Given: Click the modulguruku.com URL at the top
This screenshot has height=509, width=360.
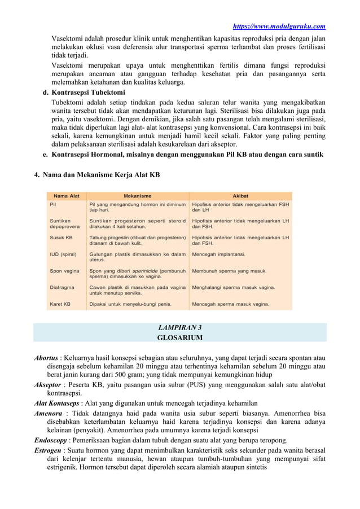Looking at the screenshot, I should pyautogui.click(x=279, y=25).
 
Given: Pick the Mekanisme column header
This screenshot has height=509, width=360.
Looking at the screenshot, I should pyautogui.click(x=137, y=196).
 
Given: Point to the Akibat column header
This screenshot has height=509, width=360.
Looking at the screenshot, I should pyautogui.click(x=241, y=196).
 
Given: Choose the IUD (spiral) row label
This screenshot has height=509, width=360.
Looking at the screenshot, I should pyautogui.click(x=63, y=254).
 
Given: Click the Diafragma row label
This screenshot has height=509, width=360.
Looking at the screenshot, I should pyautogui.click(x=62, y=287).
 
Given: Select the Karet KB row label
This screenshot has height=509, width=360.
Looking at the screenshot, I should pyautogui.click(x=60, y=304).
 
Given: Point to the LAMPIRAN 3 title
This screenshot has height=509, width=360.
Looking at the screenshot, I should pyautogui.click(x=179, y=327).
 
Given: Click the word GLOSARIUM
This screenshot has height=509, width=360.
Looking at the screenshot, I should pyautogui.click(x=179, y=338).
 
